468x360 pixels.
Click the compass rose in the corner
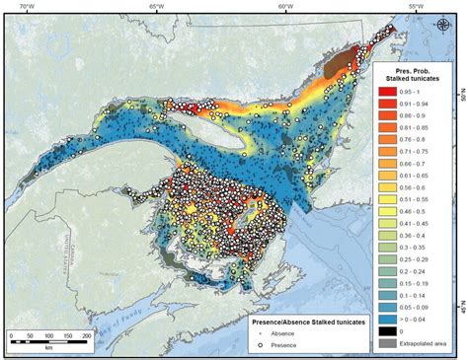pos(440,27)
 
